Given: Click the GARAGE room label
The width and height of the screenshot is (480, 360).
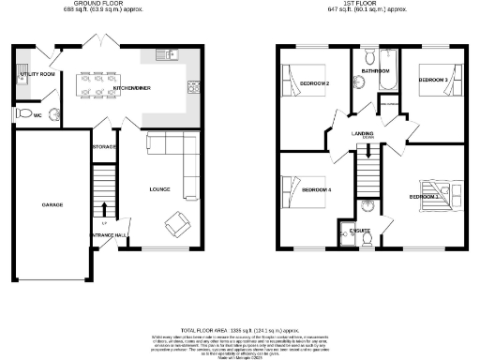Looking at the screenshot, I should [x=52, y=203].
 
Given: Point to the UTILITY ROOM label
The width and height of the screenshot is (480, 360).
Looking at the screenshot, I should [x=33, y=73].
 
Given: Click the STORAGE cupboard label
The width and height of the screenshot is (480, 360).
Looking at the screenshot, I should [x=103, y=148].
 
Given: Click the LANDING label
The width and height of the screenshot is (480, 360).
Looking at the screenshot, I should [x=363, y=132].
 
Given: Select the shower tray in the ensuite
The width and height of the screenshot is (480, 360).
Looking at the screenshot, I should [x=367, y=208].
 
